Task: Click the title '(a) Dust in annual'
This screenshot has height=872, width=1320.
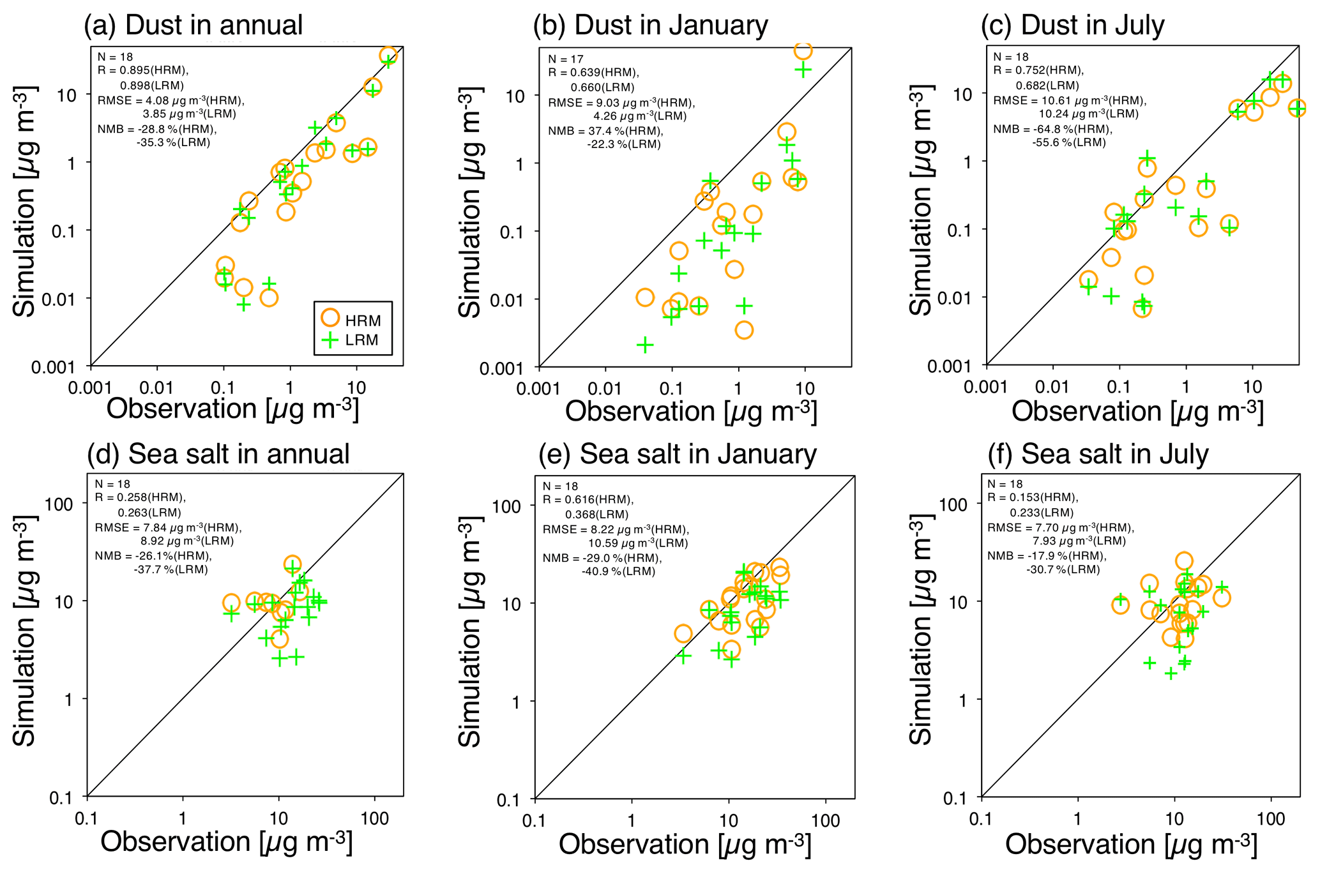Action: coord(193,26)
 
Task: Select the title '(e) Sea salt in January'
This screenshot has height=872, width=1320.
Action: coord(677,455)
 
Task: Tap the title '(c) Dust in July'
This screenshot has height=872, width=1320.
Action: coord(1072,26)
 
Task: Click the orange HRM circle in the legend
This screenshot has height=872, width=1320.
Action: coord(330,318)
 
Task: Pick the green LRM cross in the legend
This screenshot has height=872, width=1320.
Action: coord(330,340)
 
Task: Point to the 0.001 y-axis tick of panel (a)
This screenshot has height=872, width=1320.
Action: coord(53,367)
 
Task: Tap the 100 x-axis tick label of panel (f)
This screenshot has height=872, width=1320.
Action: coord(1270,820)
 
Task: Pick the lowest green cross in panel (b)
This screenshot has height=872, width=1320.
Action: coord(645,345)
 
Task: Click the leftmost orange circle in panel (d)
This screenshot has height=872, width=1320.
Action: coord(231,603)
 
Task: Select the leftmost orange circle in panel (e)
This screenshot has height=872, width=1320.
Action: coord(683,633)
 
